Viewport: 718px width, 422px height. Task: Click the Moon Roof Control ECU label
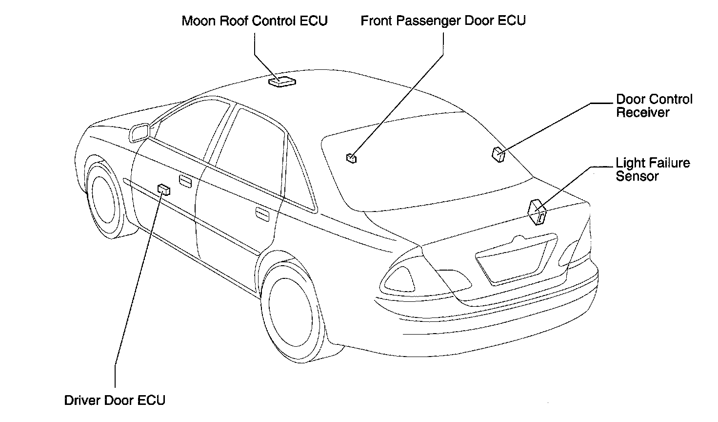tap(254, 21)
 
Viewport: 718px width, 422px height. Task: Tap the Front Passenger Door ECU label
tap(443, 21)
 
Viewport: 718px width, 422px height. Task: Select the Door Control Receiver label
tap(654, 106)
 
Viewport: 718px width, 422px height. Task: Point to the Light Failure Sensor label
tap(652, 169)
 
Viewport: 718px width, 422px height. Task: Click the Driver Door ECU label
tap(115, 401)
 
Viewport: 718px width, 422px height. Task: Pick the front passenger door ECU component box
tap(351, 158)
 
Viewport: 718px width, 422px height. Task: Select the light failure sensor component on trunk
tap(537, 211)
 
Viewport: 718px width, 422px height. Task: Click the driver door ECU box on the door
tap(164, 190)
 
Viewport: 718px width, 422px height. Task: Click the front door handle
tap(185, 181)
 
